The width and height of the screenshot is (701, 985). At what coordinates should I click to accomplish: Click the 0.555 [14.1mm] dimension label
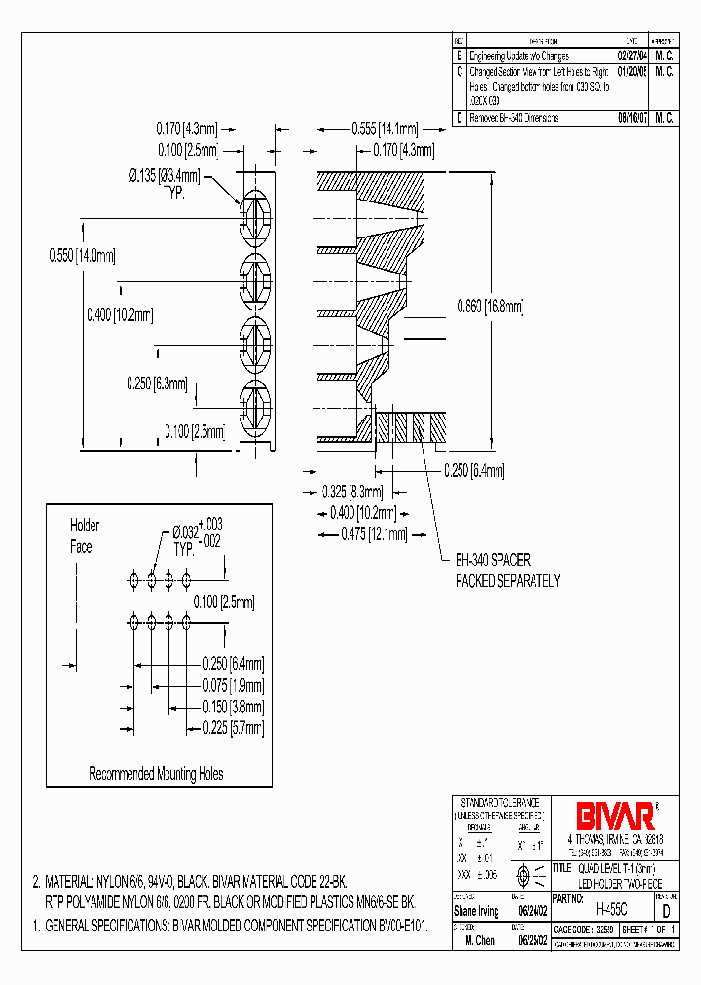tap(385, 128)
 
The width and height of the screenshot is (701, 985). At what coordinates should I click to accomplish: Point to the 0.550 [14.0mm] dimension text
tap(82, 256)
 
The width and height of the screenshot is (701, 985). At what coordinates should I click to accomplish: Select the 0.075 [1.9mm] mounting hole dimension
tap(233, 685)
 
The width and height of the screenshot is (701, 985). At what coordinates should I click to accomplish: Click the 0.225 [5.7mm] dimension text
tap(233, 728)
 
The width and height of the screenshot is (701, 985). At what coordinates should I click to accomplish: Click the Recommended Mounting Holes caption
tap(156, 774)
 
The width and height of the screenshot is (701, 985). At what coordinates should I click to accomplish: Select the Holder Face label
tap(83, 536)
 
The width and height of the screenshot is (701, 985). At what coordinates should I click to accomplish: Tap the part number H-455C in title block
tap(609, 907)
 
